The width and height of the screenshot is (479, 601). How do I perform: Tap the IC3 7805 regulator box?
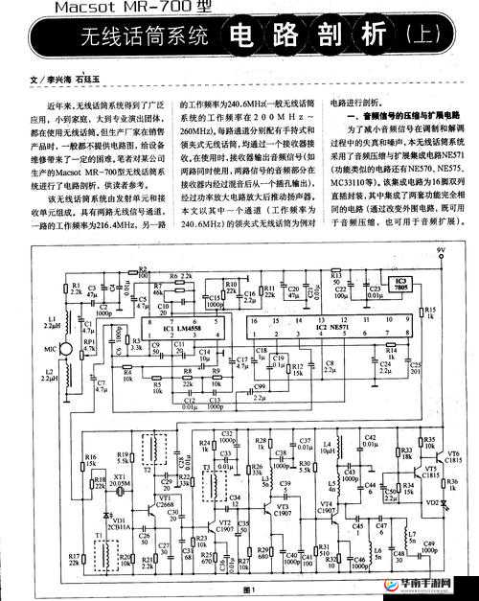(x=399, y=285)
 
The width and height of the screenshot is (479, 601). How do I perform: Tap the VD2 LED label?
(x=432, y=502)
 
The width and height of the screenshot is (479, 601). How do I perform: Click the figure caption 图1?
(x=252, y=589)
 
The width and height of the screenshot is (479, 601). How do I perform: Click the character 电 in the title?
(x=246, y=39)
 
